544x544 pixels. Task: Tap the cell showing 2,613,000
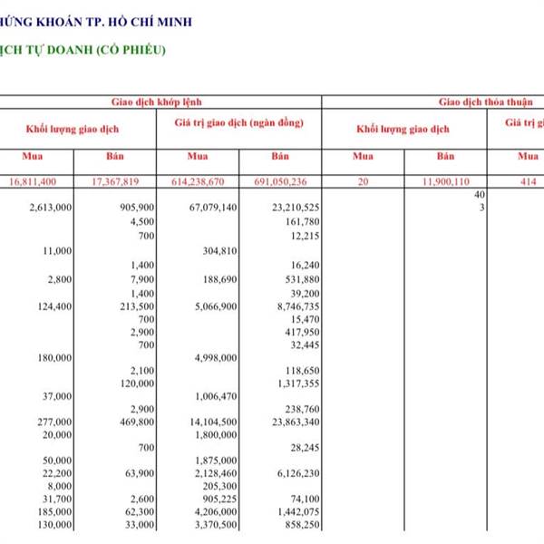coord(51,208)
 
